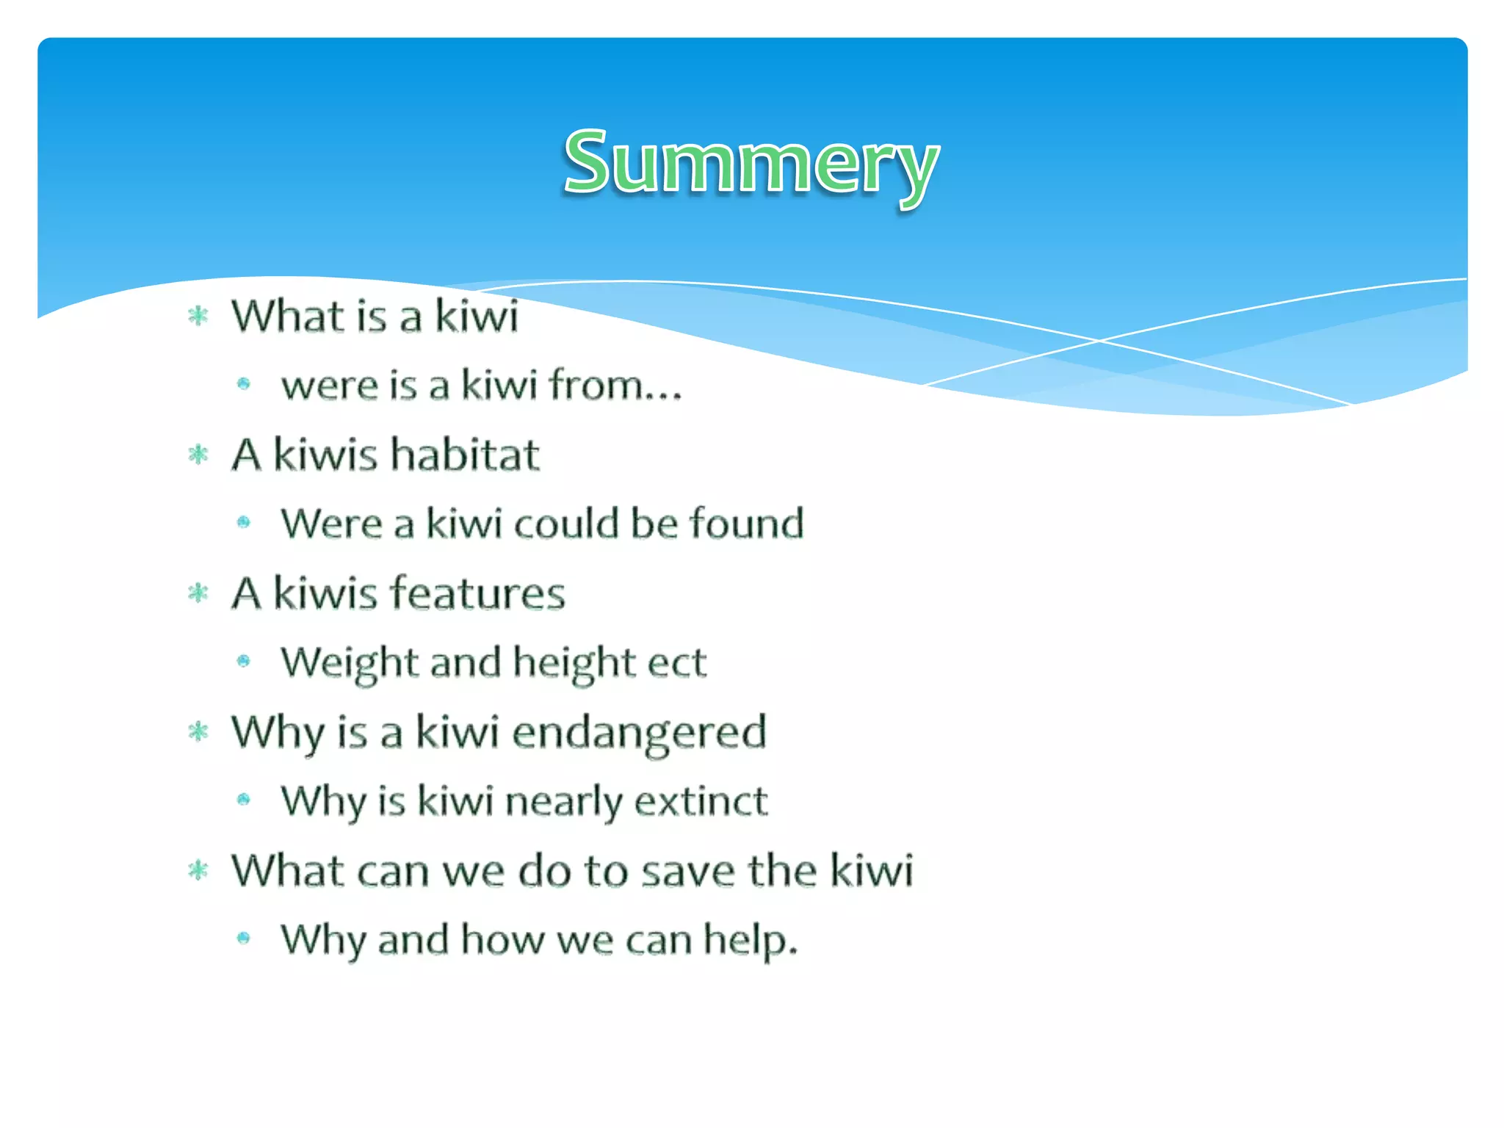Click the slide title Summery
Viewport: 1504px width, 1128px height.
(x=751, y=163)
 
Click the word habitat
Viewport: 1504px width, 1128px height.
(x=465, y=454)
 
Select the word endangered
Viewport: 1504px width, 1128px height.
(x=639, y=732)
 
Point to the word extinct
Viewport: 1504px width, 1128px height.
(x=701, y=800)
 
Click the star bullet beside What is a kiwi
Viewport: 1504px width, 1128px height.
(x=198, y=317)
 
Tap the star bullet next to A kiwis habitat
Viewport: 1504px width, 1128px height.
(x=198, y=455)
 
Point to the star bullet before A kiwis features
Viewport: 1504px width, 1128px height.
(x=198, y=593)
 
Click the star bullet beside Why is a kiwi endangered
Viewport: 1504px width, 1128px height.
(x=198, y=731)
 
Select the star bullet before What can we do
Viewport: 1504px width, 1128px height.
(x=198, y=871)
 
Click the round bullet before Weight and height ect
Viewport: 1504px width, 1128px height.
(x=244, y=662)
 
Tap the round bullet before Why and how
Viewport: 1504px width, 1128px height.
(x=244, y=938)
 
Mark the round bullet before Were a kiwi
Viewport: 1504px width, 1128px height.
(x=244, y=523)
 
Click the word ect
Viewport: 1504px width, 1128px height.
(x=676, y=662)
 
